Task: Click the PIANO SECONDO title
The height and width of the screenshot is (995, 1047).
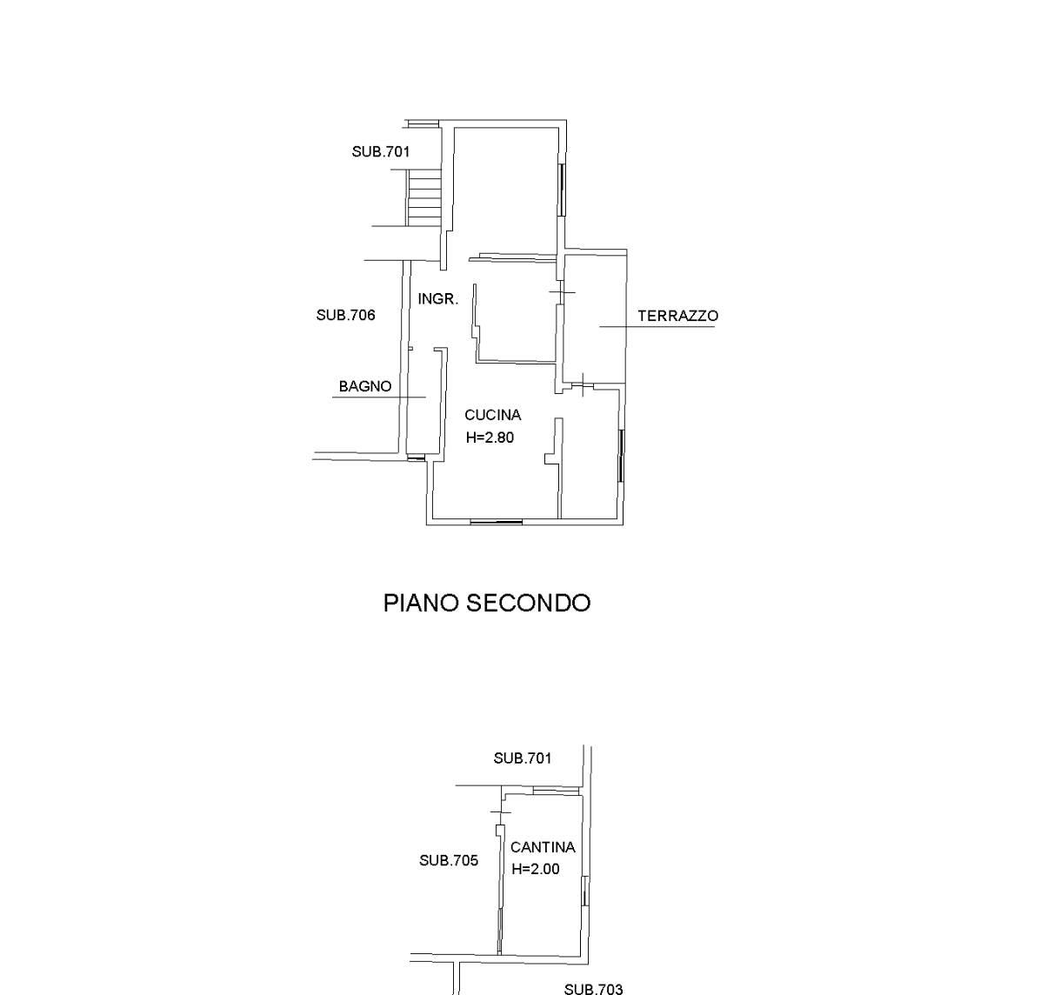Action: (x=487, y=603)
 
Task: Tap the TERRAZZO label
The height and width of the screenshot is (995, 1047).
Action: (x=678, y=316)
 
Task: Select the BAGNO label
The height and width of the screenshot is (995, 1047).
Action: (x=365, y=386)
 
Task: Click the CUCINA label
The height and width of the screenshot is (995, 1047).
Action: (x=492, y=414)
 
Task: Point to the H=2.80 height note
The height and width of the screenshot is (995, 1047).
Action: (x=490, y=437)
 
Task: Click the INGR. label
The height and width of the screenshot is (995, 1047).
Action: (x=437, y=299)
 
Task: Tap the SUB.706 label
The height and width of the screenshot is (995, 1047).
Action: (x=345, y=316)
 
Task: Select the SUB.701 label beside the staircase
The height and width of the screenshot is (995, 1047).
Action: (x=381, y=152)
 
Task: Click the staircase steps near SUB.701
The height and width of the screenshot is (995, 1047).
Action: (x=424, y=197)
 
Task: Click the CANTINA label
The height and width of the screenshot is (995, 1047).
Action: (x=543, y=847)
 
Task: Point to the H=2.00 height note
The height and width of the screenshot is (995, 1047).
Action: (x=535, y=869)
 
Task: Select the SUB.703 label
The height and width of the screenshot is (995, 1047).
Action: (x=593, y=989)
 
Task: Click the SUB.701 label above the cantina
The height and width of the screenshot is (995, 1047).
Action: (x=523, y=758)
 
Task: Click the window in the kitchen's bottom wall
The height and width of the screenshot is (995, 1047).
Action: (x=496, y=522)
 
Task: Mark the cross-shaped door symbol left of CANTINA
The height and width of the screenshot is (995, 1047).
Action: (x=499, y=812)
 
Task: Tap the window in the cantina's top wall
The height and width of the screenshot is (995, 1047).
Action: (x=556, y=791)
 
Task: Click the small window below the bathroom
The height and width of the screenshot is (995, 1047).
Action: (x=416, y=457)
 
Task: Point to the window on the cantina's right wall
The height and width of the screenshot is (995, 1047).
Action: (x=584, y=891)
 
